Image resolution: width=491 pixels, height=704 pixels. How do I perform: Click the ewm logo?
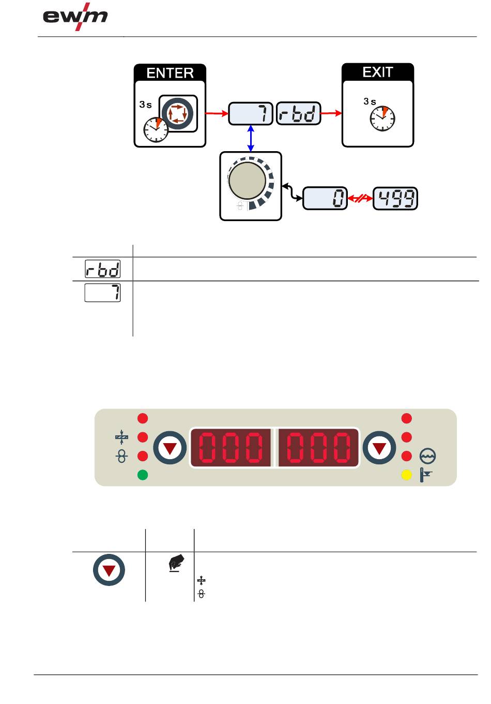[75, 17]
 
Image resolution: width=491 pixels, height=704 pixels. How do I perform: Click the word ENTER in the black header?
[170, 73]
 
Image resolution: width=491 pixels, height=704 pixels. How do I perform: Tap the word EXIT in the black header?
[377, 72]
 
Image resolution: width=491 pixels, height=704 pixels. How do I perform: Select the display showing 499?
[395, 198]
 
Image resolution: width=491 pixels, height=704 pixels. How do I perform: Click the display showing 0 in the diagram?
[325, 198]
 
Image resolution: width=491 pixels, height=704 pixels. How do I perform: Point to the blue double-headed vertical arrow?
[251, 138]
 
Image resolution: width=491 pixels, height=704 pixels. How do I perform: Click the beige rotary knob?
[248, 181]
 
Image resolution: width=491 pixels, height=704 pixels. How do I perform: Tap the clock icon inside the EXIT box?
[382, 119]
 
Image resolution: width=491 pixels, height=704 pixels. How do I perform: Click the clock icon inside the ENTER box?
[156, 129]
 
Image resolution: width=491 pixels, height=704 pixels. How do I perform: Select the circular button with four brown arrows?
[178, 113]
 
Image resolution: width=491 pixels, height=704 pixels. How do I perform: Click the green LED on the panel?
[143, 475]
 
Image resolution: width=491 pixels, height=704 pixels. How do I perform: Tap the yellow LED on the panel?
[407, 475]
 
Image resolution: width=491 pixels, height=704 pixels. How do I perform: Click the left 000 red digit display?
[231, 448]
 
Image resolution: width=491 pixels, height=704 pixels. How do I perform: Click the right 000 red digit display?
[318, 448]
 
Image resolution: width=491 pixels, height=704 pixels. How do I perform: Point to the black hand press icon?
[176, 563]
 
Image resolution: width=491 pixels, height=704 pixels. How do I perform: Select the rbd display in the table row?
[102, 269]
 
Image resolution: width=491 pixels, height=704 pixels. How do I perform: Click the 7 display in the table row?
[102, 292]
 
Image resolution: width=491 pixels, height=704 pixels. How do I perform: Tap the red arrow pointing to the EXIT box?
[331, 113]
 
